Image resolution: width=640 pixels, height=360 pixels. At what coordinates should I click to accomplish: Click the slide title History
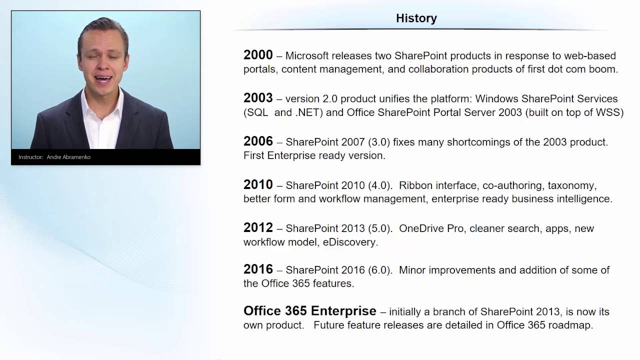tap(416, 18)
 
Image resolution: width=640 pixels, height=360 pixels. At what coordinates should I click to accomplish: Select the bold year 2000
tap(258, 55)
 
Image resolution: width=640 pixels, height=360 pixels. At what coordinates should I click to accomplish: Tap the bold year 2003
tap(258, 98)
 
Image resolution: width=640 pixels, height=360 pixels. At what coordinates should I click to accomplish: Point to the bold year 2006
tap(258, 141)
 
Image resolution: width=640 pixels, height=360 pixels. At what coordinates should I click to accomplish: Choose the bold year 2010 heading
tap(258, 184)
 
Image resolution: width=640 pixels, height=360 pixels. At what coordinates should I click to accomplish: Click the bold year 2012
tap(258, 227)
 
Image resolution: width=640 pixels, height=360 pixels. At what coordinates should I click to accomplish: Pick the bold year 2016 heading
tap(258, 269)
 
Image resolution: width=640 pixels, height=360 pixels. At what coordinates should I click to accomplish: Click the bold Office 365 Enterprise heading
tap(309, 311)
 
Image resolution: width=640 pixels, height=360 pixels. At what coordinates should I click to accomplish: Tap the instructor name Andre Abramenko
tap(68, 157)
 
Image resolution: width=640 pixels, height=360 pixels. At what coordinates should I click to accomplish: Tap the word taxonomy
tap(571, 185)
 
